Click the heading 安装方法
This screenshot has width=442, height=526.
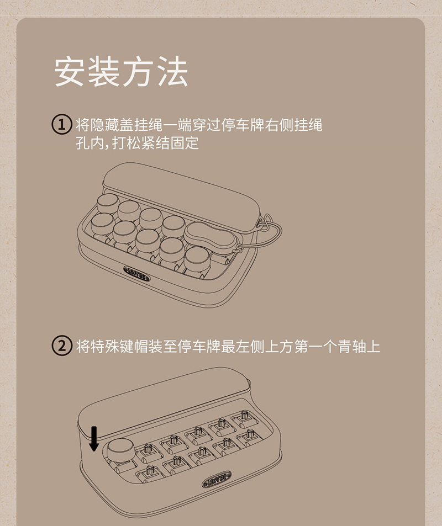point(121,72)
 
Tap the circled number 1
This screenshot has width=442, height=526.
point(62,124)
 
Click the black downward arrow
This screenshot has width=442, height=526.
point(94,439)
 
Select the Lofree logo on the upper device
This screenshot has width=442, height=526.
point(136,273)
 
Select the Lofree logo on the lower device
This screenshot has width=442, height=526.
point(217,479)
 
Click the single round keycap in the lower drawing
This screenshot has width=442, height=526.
point(120,449)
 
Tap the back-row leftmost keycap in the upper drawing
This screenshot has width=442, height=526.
point(108,203)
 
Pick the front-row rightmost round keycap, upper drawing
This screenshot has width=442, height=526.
point(197,259)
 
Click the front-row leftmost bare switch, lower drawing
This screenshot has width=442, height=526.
point(150,473)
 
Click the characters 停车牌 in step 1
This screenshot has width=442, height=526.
point(243,125)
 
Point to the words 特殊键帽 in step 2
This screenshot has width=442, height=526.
point(119,346)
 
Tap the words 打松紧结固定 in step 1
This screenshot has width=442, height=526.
point(155,144)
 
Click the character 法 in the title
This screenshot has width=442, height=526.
point(172,72)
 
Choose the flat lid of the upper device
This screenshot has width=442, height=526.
point(181,195)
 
